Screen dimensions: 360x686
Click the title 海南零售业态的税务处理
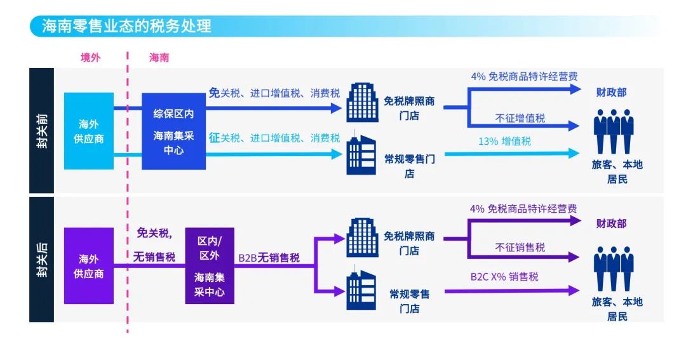pyautogui.click(x=126, y=27)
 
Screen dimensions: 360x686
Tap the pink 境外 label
pyautogui.click(x=90, y=58)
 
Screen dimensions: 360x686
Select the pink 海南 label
pyautogui.click(x=159, y=58)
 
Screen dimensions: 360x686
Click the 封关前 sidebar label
pyautogui.click(x=41, y=130)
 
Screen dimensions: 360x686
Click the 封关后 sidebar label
pyautogui.click(x=41, y=260)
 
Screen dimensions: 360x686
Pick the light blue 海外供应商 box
pyautogui.click(x=89, y=131)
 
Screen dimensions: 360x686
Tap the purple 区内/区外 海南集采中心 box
pyautogui.click(x=209, y=266)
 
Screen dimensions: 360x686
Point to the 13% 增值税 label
pyautogui.click(x=504, y=141)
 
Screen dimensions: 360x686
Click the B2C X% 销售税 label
pyautogui.click(x=504, y=277)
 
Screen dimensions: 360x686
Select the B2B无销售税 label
pyautogui.click(x=269, y=258)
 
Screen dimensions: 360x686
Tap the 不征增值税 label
pyautogui.click(x=520, y=118)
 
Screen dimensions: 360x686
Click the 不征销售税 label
pyautogui.click(x=520, y=247)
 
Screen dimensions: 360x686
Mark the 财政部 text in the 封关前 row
pyautogui.click(x=610, y=92)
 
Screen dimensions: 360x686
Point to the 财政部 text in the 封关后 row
pyautogui.click(x=610, y=223)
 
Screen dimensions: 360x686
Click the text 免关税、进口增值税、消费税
pyautogui.click(x=274, y=93)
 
